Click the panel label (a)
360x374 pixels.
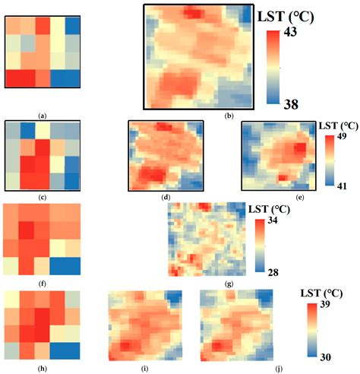click(43, 116)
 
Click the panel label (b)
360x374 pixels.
click(199, 115)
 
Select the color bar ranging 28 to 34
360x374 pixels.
click(258, 246)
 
